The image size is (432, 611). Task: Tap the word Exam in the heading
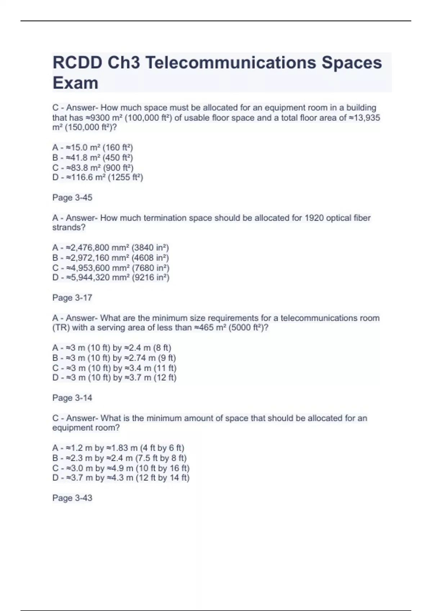pos(76,83)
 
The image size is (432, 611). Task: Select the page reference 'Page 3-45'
pos(72,198)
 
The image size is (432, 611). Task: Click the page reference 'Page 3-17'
pos(72,298)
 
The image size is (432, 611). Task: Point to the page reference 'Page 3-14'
pos(72,398)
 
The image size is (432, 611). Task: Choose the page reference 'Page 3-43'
pos(72,498)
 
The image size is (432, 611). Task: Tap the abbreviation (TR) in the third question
pos(62,328)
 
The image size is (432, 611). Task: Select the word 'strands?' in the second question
pos(69,228)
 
